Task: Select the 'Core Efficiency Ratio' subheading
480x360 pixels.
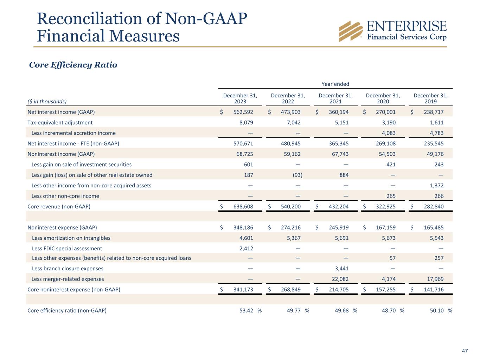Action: (73, 65)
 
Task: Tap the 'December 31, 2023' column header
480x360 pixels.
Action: (240, 98)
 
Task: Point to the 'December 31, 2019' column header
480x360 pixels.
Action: (430, 98)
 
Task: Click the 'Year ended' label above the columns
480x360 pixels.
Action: (335, 84)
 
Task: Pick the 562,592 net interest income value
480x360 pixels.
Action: (243, 112)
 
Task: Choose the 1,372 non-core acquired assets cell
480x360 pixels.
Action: (436, 186)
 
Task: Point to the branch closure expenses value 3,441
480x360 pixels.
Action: (341, 269)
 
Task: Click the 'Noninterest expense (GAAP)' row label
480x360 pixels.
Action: (62, 227)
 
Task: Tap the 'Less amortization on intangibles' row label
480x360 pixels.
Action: (71, 238)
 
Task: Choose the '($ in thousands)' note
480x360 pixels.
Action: (47, 102)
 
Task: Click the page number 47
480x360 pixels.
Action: (465, 351)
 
